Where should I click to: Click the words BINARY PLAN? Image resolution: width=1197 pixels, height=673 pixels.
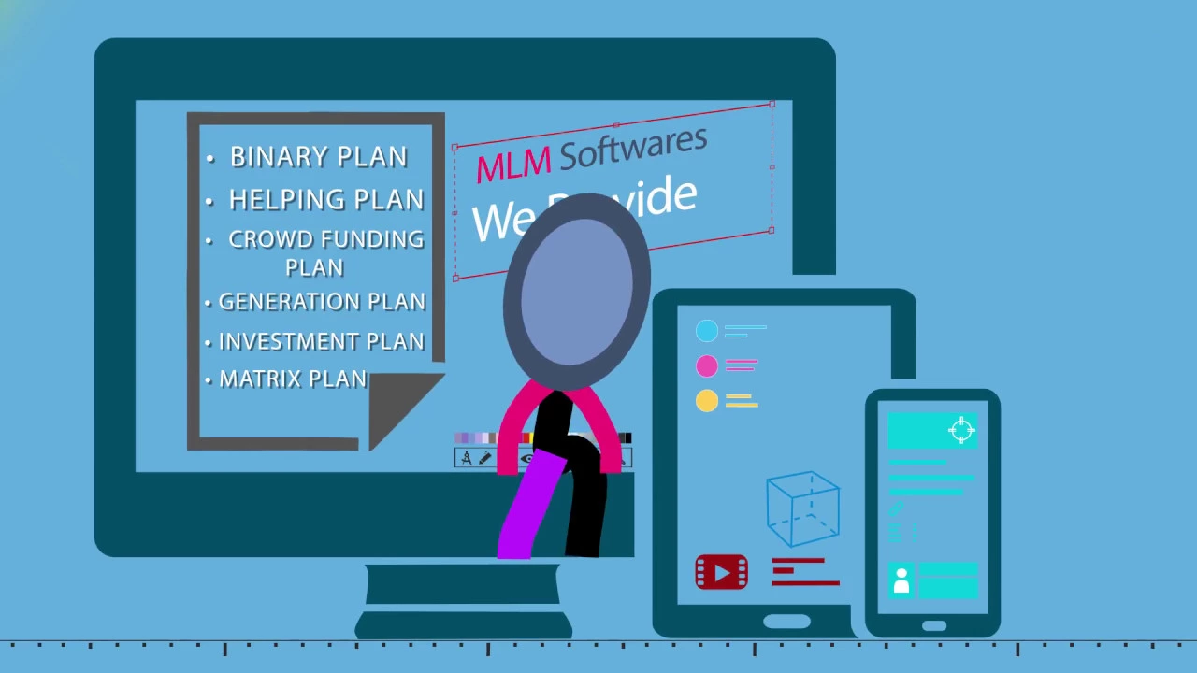(x=318, y=157)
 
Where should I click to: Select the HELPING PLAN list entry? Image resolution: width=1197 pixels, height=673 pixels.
(x=325, y=200)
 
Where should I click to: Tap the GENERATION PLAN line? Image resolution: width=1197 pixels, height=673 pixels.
(x=322, y=302)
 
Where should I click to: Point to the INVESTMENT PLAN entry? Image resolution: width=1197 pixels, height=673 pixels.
(x=321, y=342)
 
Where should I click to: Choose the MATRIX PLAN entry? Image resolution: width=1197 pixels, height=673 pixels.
(x=292, y=379)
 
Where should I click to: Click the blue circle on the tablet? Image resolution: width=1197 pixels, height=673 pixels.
(x=707, y=331)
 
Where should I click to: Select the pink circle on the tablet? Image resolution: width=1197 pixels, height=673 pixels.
(x=707, y=365)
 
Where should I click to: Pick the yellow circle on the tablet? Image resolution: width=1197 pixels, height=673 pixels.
(x=707, y=401)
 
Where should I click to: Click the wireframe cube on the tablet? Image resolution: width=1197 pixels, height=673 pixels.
(x=802, y=508)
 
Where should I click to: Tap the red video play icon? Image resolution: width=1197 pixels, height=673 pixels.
(x=721, y=572)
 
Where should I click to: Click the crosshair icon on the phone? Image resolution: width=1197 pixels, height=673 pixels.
(x=961, y=430)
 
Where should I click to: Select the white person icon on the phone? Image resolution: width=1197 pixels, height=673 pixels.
(x=901, y=580)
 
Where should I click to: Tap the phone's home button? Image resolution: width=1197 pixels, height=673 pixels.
(x=934, y=626)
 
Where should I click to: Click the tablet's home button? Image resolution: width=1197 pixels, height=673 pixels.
(x=786, y=622)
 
